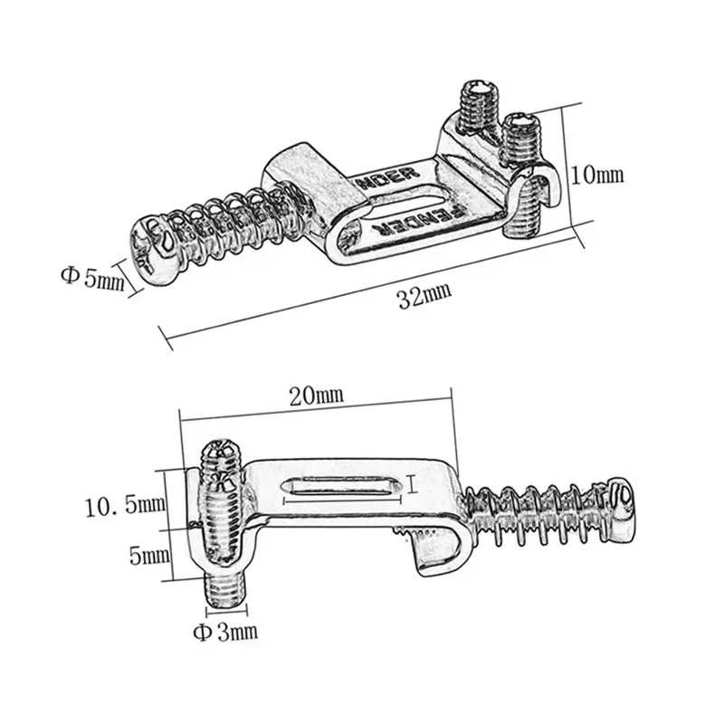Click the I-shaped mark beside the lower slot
413,486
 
